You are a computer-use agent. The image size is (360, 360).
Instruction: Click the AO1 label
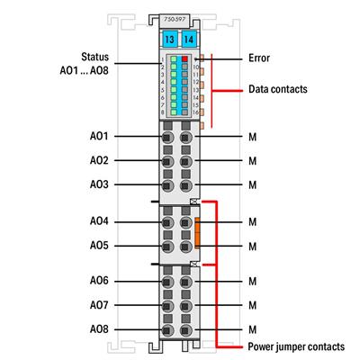tap(99, 136)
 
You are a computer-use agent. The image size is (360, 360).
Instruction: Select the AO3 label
tap(99, 184)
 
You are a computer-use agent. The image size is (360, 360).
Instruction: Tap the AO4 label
tap(99, 220)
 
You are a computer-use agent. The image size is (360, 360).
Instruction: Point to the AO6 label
tap(99, 281)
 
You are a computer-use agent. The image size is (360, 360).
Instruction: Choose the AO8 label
tap(99, 329)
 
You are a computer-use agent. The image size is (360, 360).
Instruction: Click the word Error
tap(258, 58)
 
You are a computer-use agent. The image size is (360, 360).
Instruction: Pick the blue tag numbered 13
tap(168, 40)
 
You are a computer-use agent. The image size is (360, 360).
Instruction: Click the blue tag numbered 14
tap(187, 40)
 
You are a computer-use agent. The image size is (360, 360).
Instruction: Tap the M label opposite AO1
tap(253, 136)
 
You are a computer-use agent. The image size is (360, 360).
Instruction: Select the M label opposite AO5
tap(253, 245)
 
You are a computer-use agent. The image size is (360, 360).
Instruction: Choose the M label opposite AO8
tap(253, 329)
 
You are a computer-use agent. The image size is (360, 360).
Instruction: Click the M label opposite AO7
tap(253, 305)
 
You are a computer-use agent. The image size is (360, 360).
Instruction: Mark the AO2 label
tap(99, 160)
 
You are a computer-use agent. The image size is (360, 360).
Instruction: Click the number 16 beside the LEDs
tap(195, 112)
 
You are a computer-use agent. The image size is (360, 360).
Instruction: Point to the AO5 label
tap(99, 245)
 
